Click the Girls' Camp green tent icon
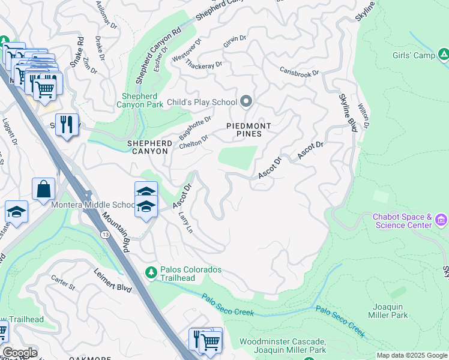tap(444, 56)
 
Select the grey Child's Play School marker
tap(246, 101)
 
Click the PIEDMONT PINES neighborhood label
tap(249, 130)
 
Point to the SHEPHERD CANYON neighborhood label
tap(148, 148)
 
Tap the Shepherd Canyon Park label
tap(139, 100)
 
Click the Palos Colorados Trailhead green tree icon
tap(151, 273)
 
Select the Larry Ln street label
tap(185, 221)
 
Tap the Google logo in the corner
tap(19, 353)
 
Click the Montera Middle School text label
tap(94, 205)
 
